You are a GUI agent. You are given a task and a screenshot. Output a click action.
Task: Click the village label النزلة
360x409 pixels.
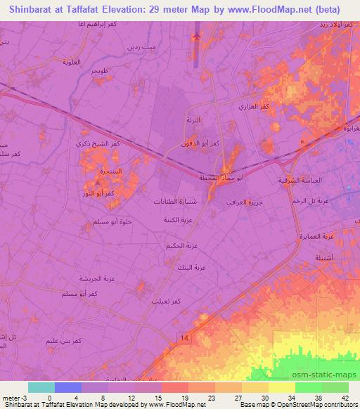point(193,121)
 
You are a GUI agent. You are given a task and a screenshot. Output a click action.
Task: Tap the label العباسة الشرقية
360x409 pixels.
point(300,181)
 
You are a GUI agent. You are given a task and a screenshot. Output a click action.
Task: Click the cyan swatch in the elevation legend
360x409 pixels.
point(39,387)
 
